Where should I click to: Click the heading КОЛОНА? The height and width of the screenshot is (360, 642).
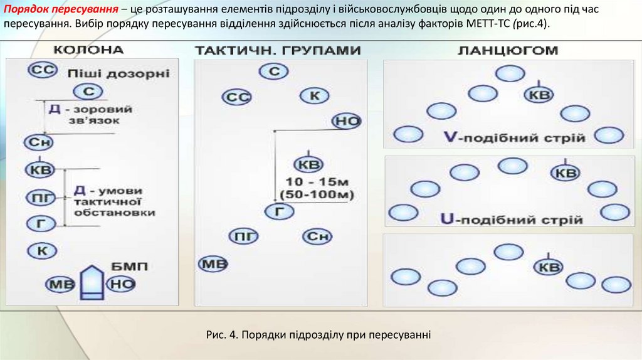coord(88,50)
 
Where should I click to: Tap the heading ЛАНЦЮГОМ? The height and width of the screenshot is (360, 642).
coord(508,50)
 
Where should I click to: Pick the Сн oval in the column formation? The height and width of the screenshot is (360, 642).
coord(38,144)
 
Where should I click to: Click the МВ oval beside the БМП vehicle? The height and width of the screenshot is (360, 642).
coord(61,284)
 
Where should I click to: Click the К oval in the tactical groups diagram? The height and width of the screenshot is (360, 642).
coord(315,96)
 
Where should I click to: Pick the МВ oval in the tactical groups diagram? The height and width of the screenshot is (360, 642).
coord(213,264)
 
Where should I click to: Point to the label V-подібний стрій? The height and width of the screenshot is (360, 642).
coord(513,137)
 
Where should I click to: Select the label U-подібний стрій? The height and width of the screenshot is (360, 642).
coord(512,220)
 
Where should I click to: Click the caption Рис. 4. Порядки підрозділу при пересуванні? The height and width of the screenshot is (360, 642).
coord(318,334)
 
